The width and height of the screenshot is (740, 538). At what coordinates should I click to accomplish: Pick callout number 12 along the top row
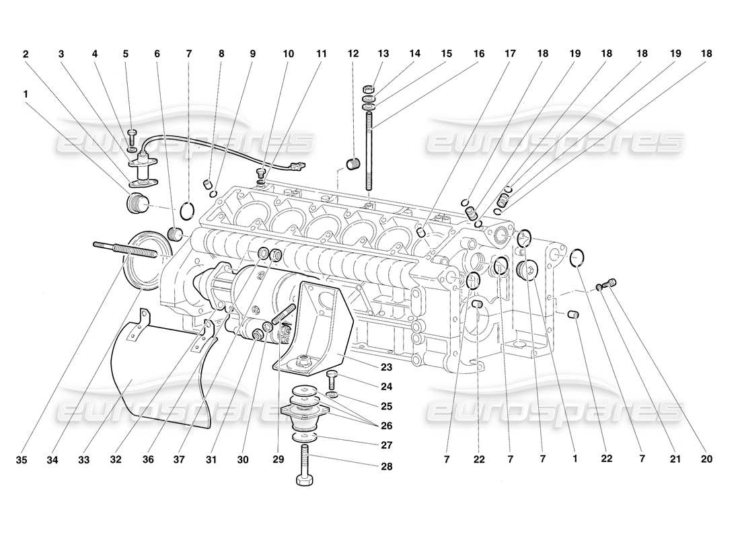pos(353,53)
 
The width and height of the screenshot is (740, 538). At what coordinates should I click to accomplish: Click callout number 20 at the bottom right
pos(706,461)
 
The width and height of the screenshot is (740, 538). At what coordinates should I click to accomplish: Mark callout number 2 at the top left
pos(26,53)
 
